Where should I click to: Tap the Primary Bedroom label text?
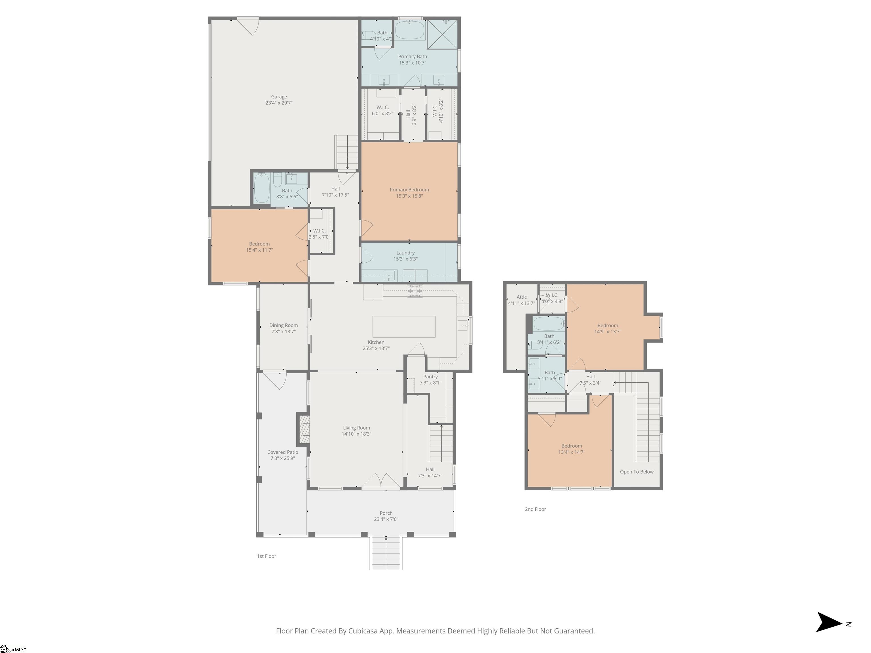(x=409, y=190)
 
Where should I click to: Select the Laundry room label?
(x=405, y=253)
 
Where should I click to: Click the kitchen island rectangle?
(x=404, y=327)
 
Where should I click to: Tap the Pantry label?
(x=430, y=377)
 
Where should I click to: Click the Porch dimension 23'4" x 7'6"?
(x=386, y=519)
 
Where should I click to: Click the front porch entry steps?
(x=386, y=553)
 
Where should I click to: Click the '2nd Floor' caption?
(x=536, y=509)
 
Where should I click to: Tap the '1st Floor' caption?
(x=267, y=556)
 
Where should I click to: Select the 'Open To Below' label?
(x=637, y=472)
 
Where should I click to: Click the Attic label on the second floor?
(x=522, y=297)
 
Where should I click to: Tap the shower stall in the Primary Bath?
(x=443, y=34)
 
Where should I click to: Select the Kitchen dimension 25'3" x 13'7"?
(x=376, y=348)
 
